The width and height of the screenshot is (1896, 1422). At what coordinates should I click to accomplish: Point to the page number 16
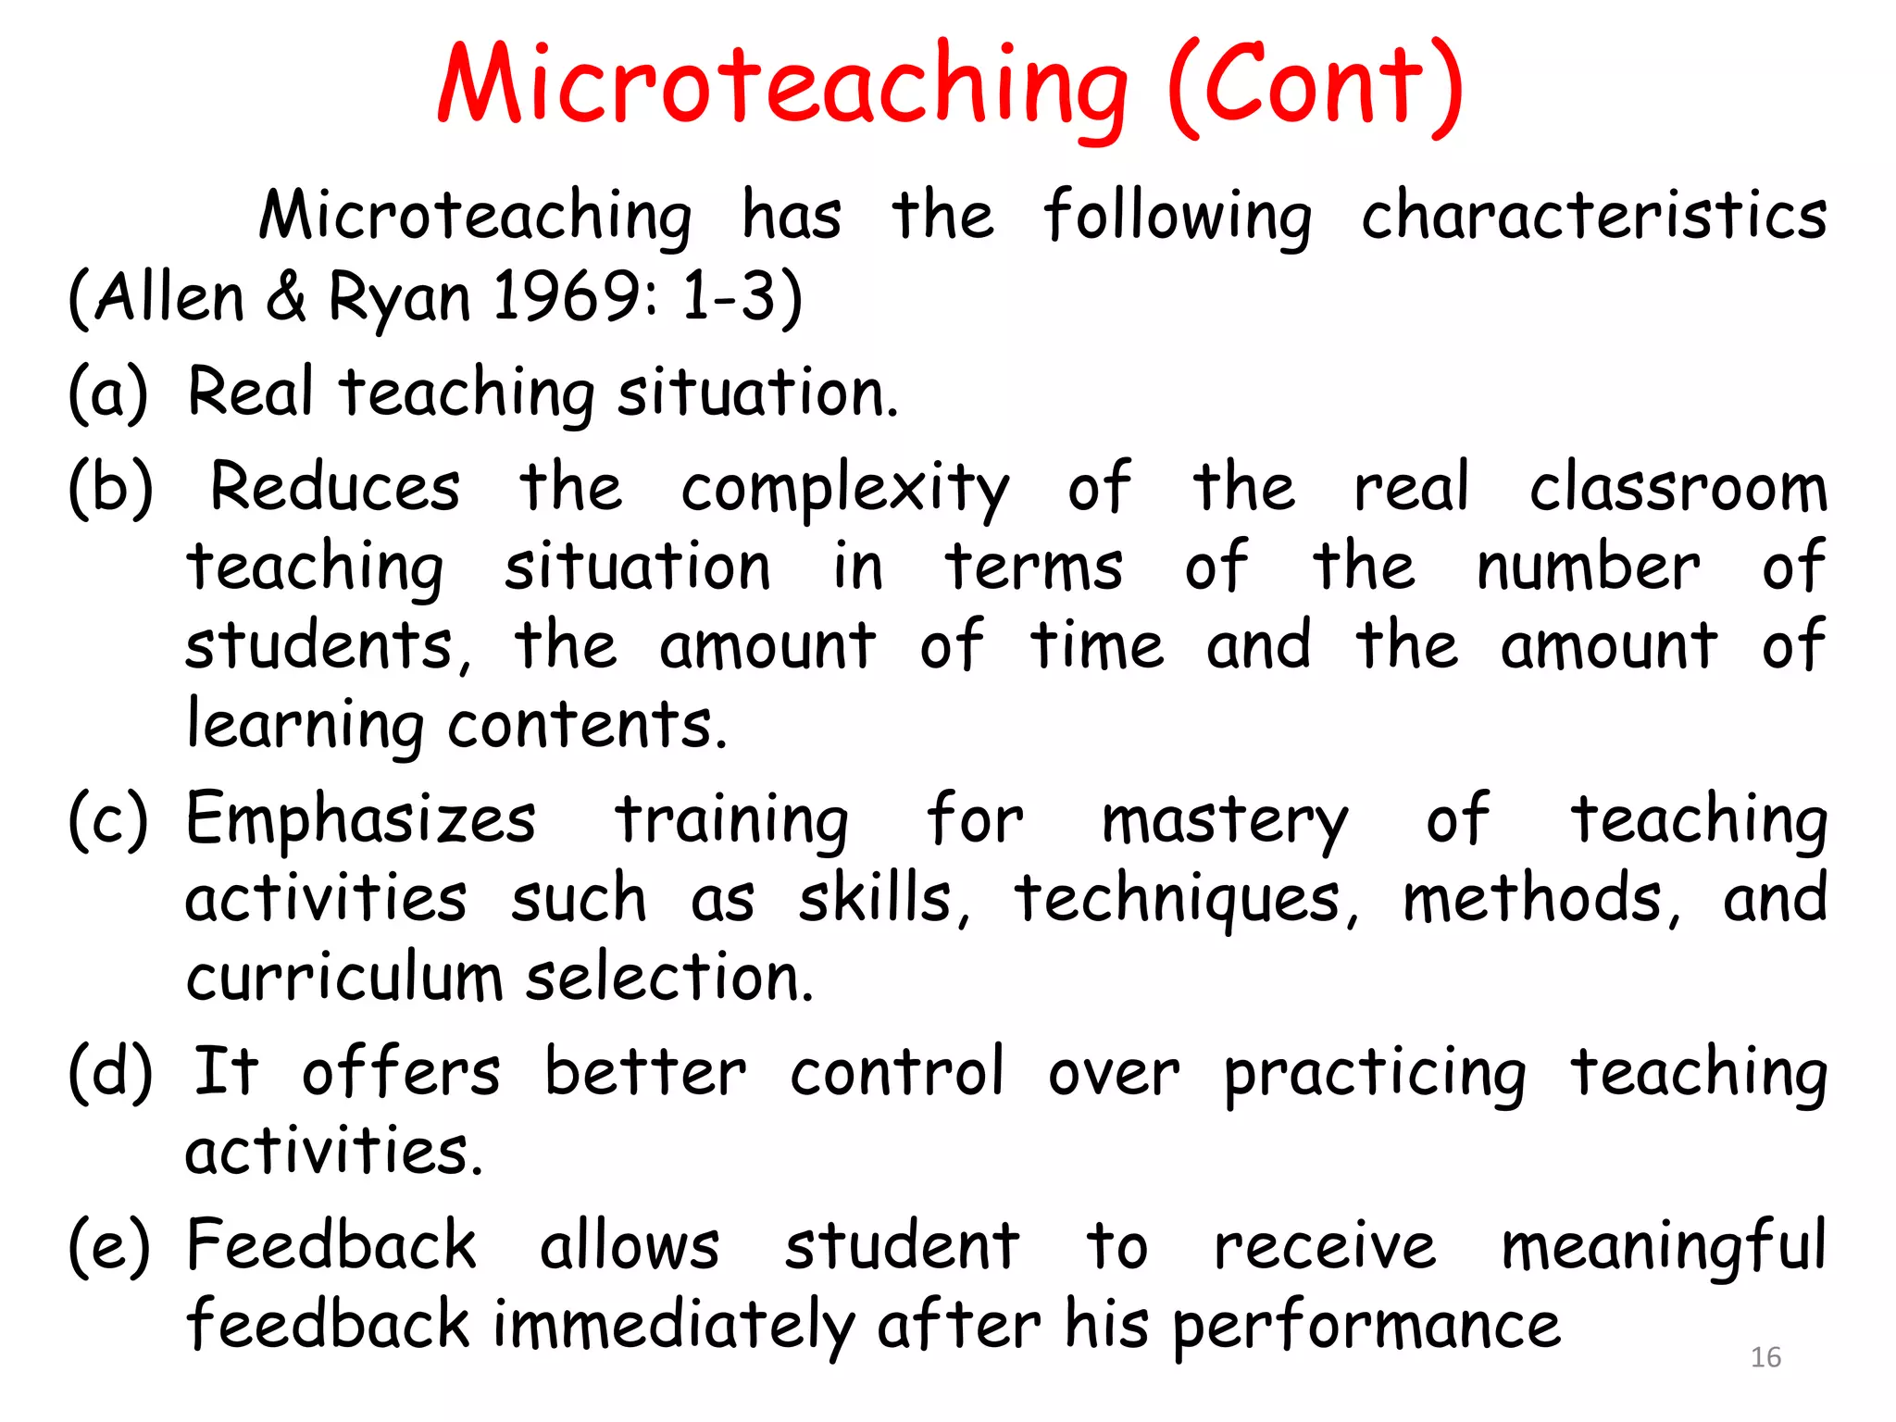[x=1765, y=1357]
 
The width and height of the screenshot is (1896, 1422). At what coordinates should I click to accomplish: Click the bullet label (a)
[x=108, y=393]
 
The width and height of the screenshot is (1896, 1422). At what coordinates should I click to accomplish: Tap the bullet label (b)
[x=110, y=487]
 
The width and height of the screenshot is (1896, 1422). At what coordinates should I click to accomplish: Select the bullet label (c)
[x=108, y=820]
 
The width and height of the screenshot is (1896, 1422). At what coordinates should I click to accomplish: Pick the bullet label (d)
[x=110, y=1072]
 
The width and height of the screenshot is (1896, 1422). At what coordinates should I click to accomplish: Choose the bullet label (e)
[x=108, y=1246]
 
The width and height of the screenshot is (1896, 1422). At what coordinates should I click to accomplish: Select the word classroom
[x=1678, y=487]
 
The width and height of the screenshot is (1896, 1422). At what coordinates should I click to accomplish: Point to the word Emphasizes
[x=361, y=820]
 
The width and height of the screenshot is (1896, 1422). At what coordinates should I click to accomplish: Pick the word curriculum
[x=343, y=979]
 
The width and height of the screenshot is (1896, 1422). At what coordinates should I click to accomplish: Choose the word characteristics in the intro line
[x=1593, y=217]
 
